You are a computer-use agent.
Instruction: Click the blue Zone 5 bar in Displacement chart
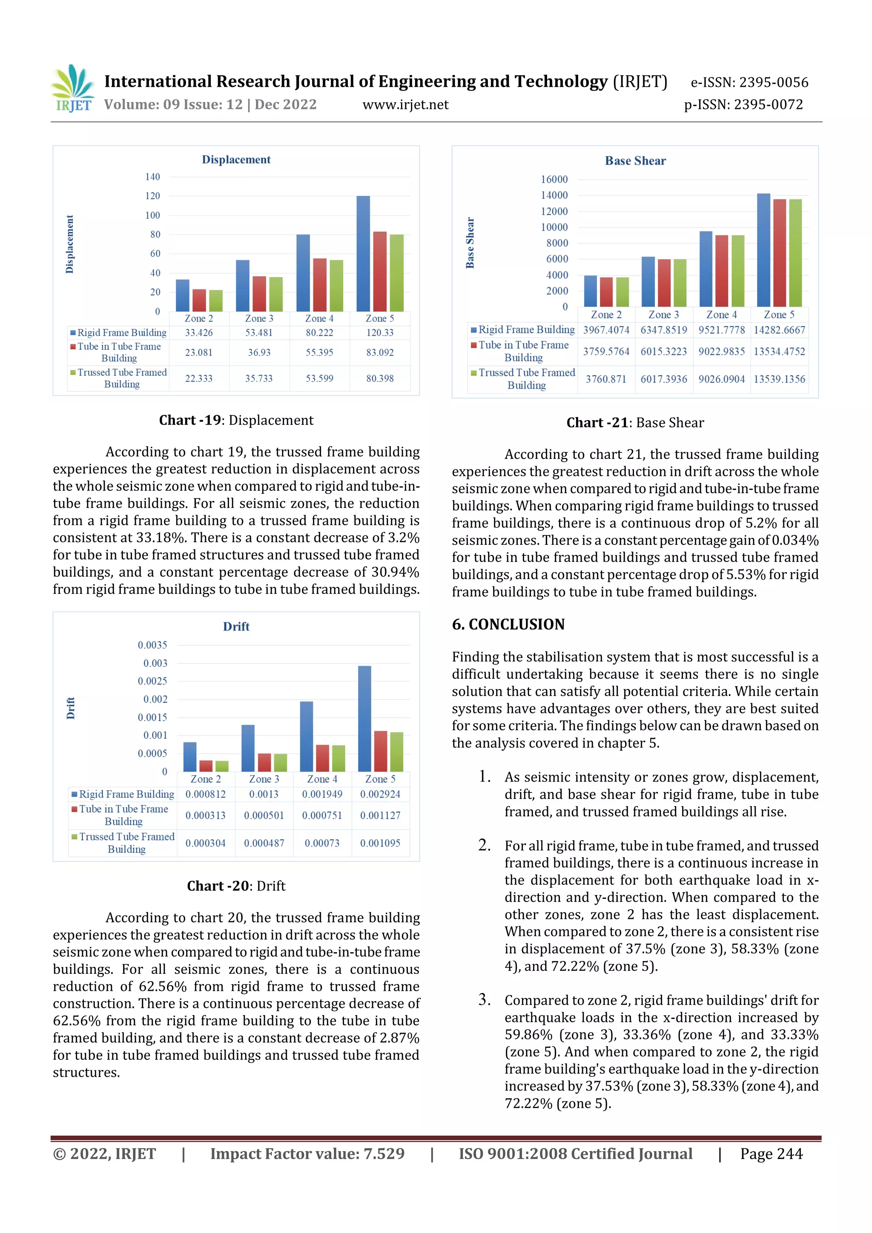363,254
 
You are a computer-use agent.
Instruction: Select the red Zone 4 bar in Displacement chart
320,285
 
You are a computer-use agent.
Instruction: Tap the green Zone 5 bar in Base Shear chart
795,253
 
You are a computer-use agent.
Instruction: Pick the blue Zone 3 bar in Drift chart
248,748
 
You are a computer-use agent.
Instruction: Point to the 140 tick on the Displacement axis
152,177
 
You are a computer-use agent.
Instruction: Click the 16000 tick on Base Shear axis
554,179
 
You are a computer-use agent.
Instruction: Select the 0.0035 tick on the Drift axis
152,645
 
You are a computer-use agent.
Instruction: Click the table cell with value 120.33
380,332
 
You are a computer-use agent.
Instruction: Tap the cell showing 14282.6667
779,330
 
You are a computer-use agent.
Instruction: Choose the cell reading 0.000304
205,843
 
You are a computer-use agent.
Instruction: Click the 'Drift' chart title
236,626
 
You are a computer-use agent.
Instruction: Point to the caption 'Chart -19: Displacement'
236,420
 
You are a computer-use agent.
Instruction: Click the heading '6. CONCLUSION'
508,624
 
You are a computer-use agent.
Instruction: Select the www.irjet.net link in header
406,105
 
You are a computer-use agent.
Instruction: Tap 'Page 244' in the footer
771,1153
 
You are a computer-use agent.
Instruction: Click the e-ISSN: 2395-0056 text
749,82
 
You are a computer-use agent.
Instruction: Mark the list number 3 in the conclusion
485,999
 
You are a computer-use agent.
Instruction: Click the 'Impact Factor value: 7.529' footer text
307,1153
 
